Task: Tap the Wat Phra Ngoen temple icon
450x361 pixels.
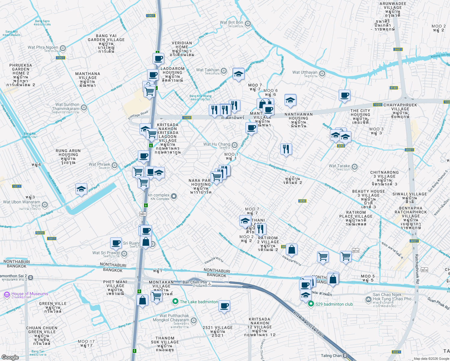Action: coord(63,48)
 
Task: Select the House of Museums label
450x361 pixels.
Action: coord(30,294)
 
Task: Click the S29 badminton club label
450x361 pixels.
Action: coord(334,304)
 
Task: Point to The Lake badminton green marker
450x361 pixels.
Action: coord(175,301)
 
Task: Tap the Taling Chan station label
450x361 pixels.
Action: coord(331,356)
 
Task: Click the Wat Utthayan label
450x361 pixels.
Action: coord(305,72)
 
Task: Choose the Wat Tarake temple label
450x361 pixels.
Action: coord(339,166)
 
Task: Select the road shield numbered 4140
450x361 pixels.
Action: coord(393,88)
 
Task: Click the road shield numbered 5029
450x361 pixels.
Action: coord(40,233)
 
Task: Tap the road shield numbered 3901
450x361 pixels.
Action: coord(143,214)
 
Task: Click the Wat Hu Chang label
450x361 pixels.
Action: coord(217,144)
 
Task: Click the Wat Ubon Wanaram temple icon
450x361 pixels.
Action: coord(45,205)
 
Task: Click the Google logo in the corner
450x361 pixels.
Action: coord(10,357)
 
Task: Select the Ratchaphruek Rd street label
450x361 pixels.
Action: coord(417,269)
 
